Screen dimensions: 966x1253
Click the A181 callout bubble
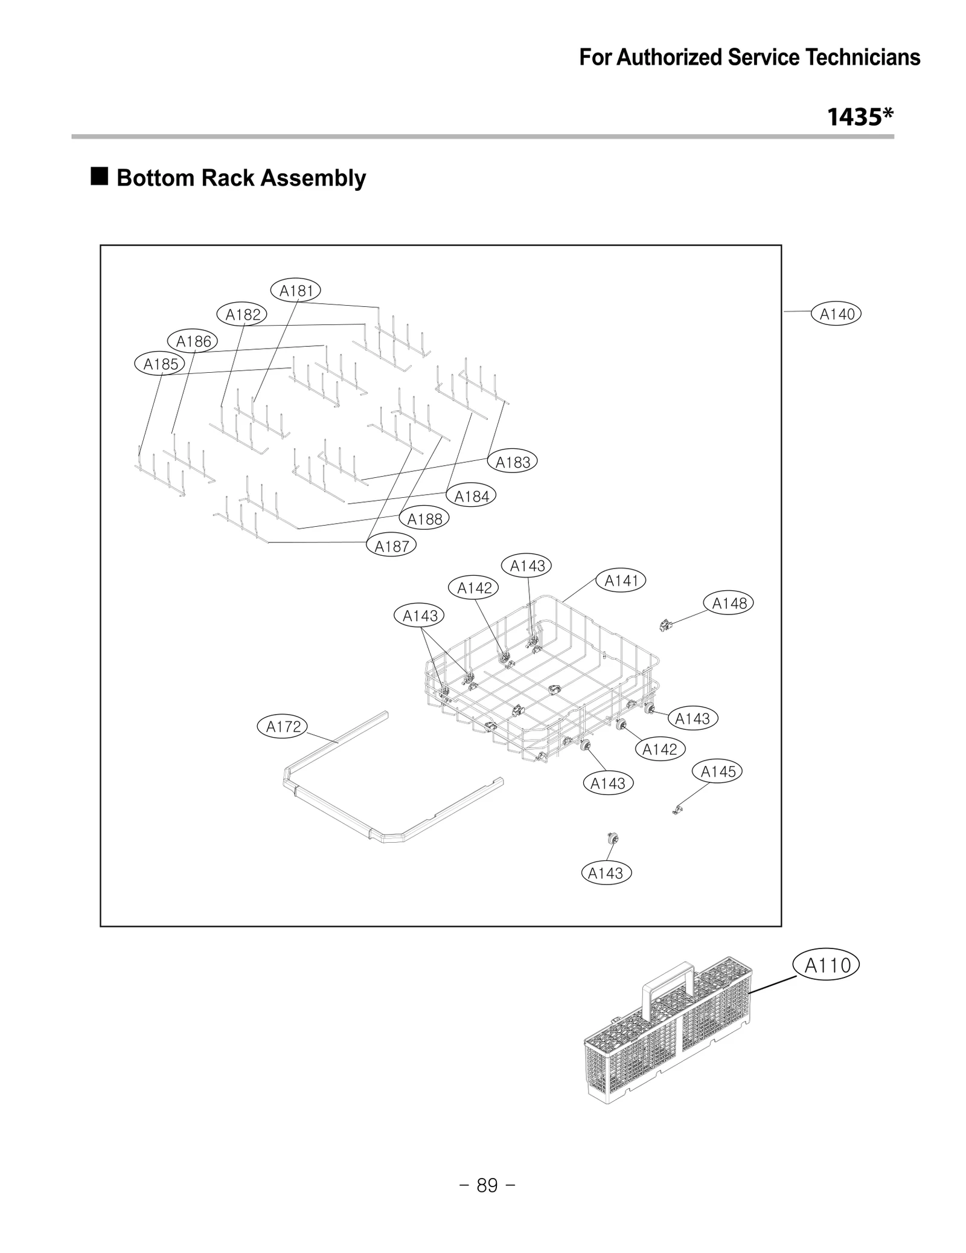tap(296, 291)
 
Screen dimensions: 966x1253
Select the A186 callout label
tap(193, 341)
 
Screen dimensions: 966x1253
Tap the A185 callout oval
tap(160, 364)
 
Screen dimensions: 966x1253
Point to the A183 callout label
tap(513, 462)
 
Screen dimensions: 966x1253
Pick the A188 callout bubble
tap(424, 519)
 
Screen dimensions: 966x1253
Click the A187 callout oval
tap(392, 546)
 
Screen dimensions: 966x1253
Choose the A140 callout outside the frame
tap(837, 314)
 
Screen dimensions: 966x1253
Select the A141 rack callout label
tap(621, 581)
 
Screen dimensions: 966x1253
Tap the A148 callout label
tap(729, 603)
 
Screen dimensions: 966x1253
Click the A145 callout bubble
tap(718, 771)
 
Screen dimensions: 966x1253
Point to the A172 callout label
tap(283, 726)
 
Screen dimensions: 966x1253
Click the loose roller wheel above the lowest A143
tap(614, 838)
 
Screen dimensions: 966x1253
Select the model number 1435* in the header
tap(860, 117)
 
